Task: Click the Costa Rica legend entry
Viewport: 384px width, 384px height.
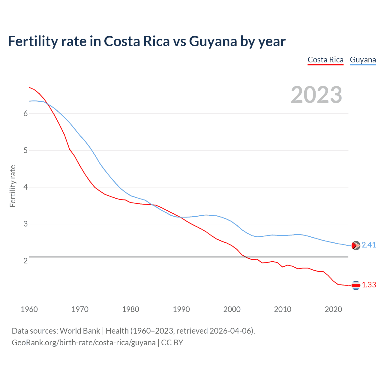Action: tap(325, 60)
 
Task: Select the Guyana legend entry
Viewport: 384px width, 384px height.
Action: tap(363, 60)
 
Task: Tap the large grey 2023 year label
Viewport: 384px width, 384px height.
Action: tap(316, 95)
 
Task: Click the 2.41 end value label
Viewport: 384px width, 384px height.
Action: tap(369, 245)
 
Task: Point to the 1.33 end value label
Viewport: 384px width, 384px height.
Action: tap(369, 285)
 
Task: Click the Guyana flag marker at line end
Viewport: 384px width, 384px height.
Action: tap(356, 245)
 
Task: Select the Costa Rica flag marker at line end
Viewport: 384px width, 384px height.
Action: tap(356, 285)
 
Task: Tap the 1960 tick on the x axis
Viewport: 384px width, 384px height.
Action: tap(29, 309)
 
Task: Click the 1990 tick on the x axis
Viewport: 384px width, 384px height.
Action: tap(181, 309)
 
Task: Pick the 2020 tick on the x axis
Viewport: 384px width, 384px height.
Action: tap(333, 309)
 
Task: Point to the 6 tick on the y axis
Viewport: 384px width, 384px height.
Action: tap(25, 113)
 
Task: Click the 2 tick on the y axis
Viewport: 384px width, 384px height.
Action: tap(25, 261)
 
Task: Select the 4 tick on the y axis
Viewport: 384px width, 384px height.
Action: tap(25, 187)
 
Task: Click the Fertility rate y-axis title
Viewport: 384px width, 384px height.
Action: tap(13, 186)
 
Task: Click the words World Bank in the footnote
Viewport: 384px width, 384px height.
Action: tap(80, 331)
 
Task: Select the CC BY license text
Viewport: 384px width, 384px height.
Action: tap(172, 343)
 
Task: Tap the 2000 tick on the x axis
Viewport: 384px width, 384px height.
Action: tap(232, 309)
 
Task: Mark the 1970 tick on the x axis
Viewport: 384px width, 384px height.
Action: tap(80, 309)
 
